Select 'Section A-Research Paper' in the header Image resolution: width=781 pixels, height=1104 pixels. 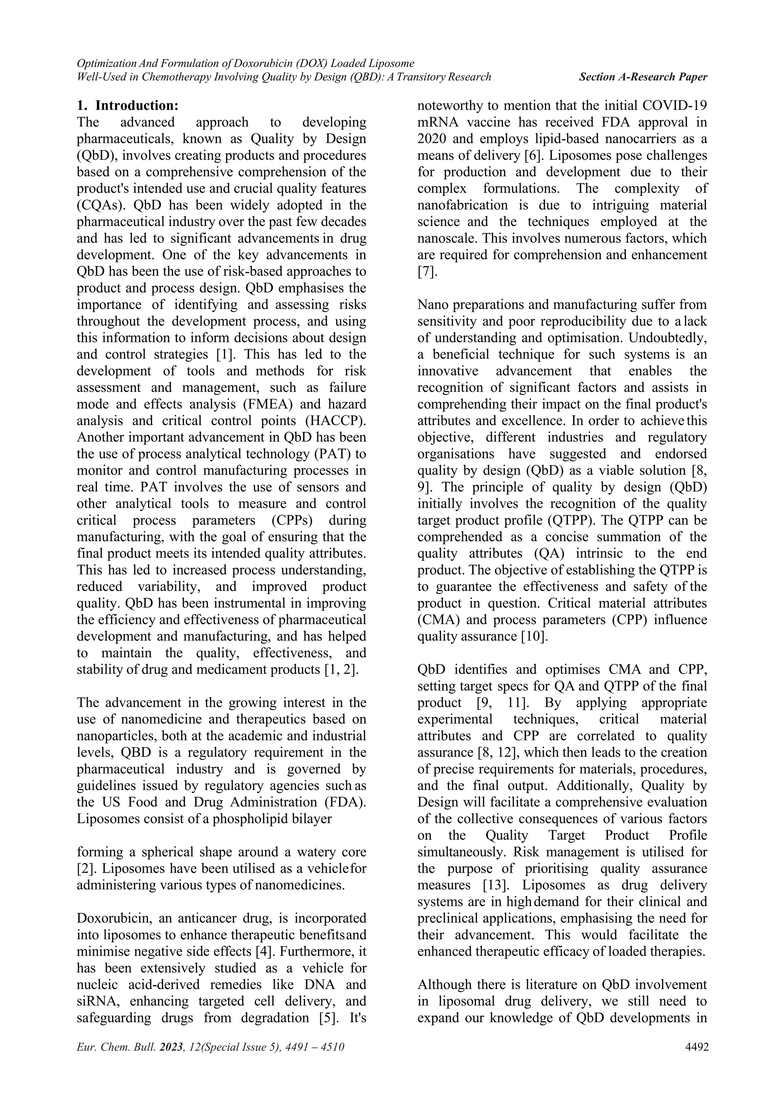pos(643,77)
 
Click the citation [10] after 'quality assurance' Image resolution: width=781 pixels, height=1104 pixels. pos(534,636)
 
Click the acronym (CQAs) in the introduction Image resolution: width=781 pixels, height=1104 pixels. pos(101,205)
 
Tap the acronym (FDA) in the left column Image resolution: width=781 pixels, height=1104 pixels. pos(349,802)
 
